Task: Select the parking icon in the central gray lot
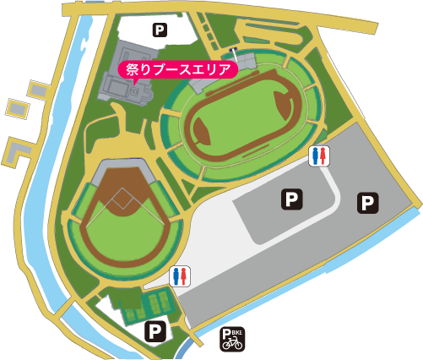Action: click(x=290, y=199)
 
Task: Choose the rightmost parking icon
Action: click(x=368, y=202)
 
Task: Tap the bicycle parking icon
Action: click(x=232, y=340)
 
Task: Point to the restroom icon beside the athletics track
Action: click(x=319, y=155)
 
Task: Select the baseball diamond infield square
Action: click(x=122, y=200)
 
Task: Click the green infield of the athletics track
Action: click(x=241, y=127)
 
